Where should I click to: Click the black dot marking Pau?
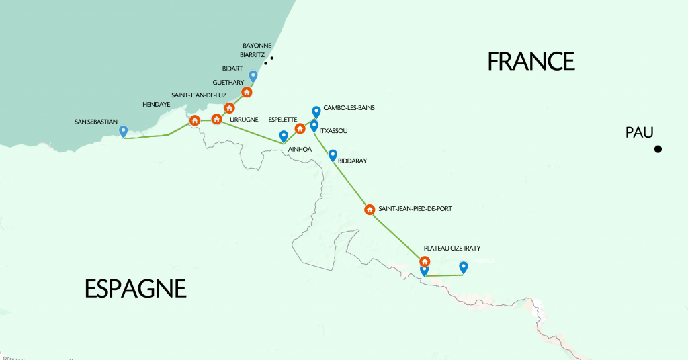pos(658,149)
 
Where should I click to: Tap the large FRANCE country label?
pos(531,61)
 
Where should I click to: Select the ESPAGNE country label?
pos(135,289)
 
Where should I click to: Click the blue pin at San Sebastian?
pos(123,131)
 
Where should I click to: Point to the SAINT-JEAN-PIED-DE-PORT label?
pos(415,209)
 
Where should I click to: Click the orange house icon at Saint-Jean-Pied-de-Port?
pos(369,209)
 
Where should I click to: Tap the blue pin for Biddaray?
pos(332,155)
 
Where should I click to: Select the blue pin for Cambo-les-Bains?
pos(316,111)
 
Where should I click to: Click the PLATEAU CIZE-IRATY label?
pos(451,248)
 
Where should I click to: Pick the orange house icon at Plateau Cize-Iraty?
pos(425,261)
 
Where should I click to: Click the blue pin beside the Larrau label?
pos(463,267)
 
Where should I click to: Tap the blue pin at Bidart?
pos(253,76)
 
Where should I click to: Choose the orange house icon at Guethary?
pos(247,92)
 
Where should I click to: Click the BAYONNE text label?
pos(257,45)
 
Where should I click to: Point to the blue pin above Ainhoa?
pos(284,136)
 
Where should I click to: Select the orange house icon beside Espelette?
pos(300,128)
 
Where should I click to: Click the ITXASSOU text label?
pos(333,131)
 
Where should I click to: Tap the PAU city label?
pos(639,133)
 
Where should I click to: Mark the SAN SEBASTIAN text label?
pos(95,122)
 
